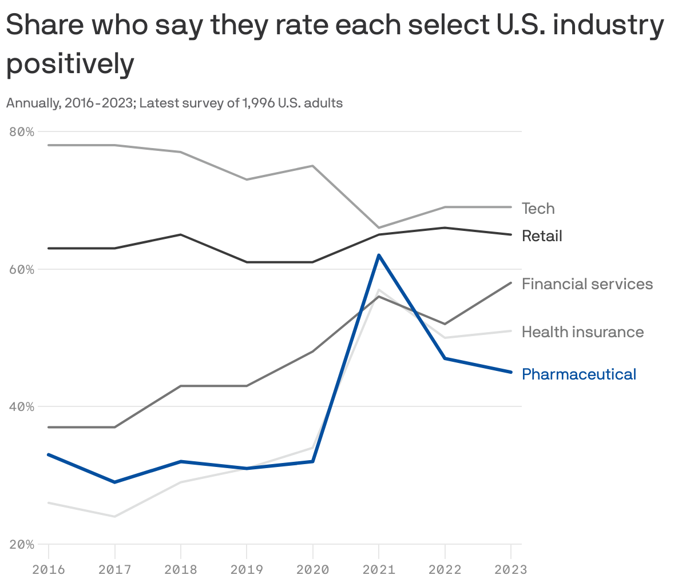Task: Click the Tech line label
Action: (x=538, y=209)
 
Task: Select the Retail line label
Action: (x=541, y=236)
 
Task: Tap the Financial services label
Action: (x=587, y=284)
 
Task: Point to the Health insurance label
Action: (x=582, y=332)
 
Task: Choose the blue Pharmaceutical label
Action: (x=578, y=374)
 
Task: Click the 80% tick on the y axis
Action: (x=22, y=131)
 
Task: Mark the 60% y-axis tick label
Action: (x=22, y=269)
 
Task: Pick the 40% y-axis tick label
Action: (x=22, y=407)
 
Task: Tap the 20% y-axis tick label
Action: (x=22, y=544)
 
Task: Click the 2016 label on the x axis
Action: (x=49, y=569)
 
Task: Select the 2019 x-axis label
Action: (x=247, y=569)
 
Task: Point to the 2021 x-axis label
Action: (x=379, y=569)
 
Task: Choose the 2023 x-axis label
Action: (x=510, y=569)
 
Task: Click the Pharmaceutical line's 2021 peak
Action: (x=379, y=255)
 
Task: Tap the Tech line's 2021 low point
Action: (x=379, y=227)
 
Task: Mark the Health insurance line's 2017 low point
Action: (x=115, y=517)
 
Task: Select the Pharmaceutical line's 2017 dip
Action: (x=115, y=482)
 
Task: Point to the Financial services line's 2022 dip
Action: (x=445, y=324)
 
